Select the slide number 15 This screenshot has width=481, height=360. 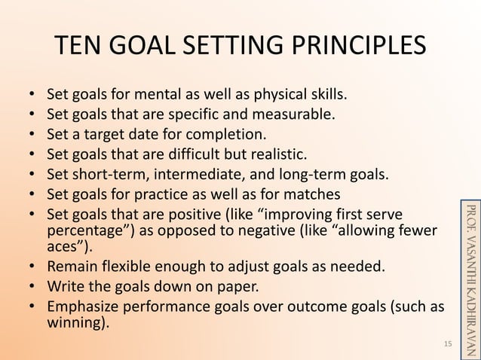coord(447,343)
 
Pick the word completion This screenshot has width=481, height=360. coord(227,136)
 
